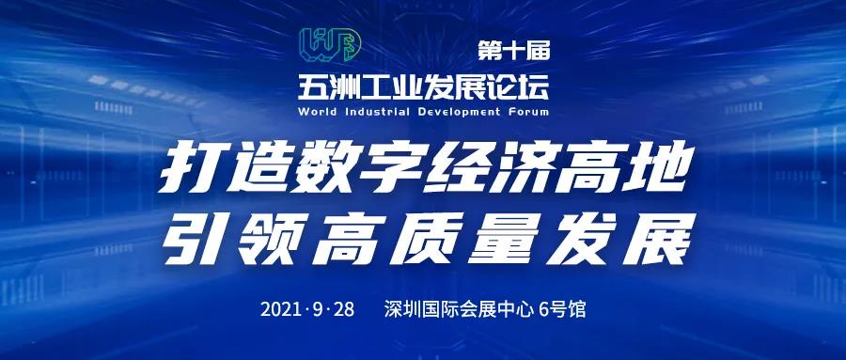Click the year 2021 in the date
click(282, 308)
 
